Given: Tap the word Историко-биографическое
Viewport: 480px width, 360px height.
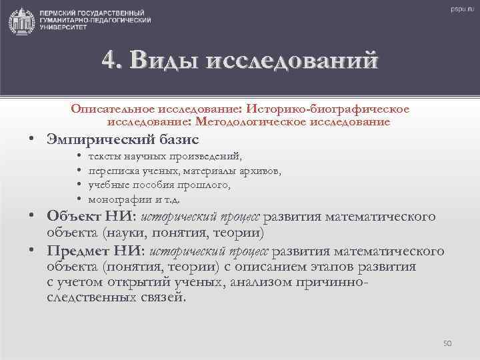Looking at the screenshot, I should tap(328, 109).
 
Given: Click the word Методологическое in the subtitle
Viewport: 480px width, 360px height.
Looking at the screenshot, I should tap(243, 122).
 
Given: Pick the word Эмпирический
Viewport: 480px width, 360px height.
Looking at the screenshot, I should tap(100, 139).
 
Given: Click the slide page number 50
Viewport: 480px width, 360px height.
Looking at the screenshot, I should tap(447, 343).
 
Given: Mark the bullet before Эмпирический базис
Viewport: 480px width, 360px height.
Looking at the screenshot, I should tap(32, 139).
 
